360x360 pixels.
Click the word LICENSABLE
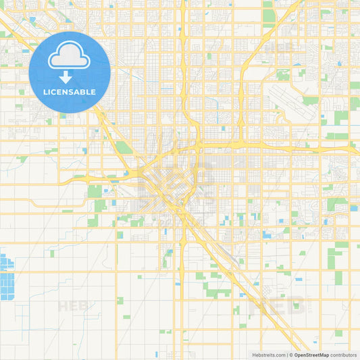(70, 92)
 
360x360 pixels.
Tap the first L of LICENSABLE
(45, 92)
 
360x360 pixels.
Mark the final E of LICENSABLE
(94, 92)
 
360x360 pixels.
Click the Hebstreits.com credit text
(267, 355)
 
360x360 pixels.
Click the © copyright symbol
(290, 355)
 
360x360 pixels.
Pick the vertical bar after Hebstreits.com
(286, 355)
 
